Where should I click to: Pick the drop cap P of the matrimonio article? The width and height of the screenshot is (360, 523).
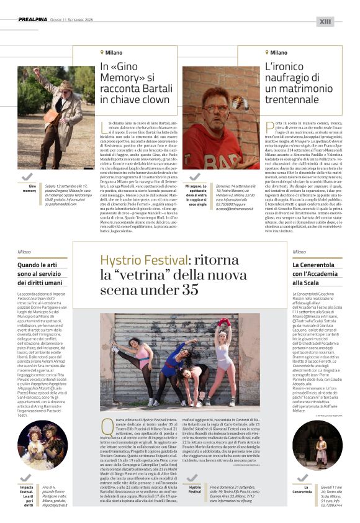click(269, 127)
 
